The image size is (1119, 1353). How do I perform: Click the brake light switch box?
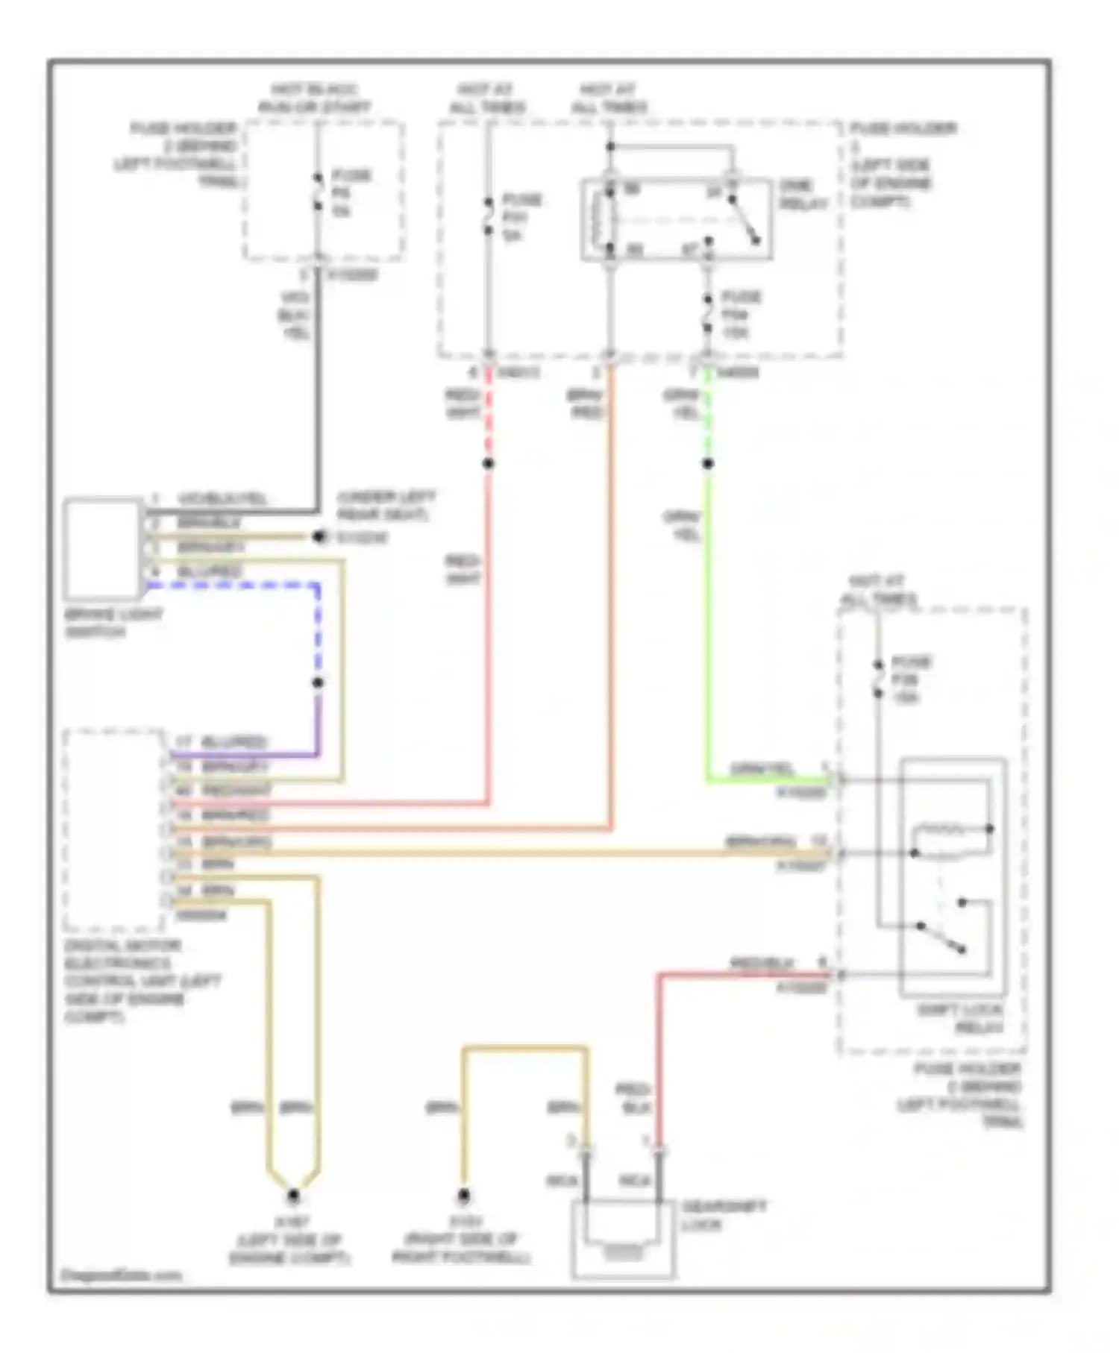coord(102,550)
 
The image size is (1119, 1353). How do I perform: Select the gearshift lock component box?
coord(622,1239)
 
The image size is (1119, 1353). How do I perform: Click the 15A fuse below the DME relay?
coord(707,314)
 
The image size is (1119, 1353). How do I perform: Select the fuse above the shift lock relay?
coord(879,679)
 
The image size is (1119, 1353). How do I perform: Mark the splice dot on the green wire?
coord(707,464)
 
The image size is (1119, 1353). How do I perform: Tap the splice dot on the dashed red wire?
coord(488,464)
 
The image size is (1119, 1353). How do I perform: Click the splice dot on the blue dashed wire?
coord(318,682)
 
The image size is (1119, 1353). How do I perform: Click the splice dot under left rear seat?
coord(319,537)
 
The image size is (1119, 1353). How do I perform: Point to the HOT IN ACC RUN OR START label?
coord(314,98)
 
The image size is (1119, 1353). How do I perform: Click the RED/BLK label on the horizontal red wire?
coord(761,963)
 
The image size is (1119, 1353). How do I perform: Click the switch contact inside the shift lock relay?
coord(941,938)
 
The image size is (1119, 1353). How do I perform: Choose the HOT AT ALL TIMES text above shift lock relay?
coord(879,590)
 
